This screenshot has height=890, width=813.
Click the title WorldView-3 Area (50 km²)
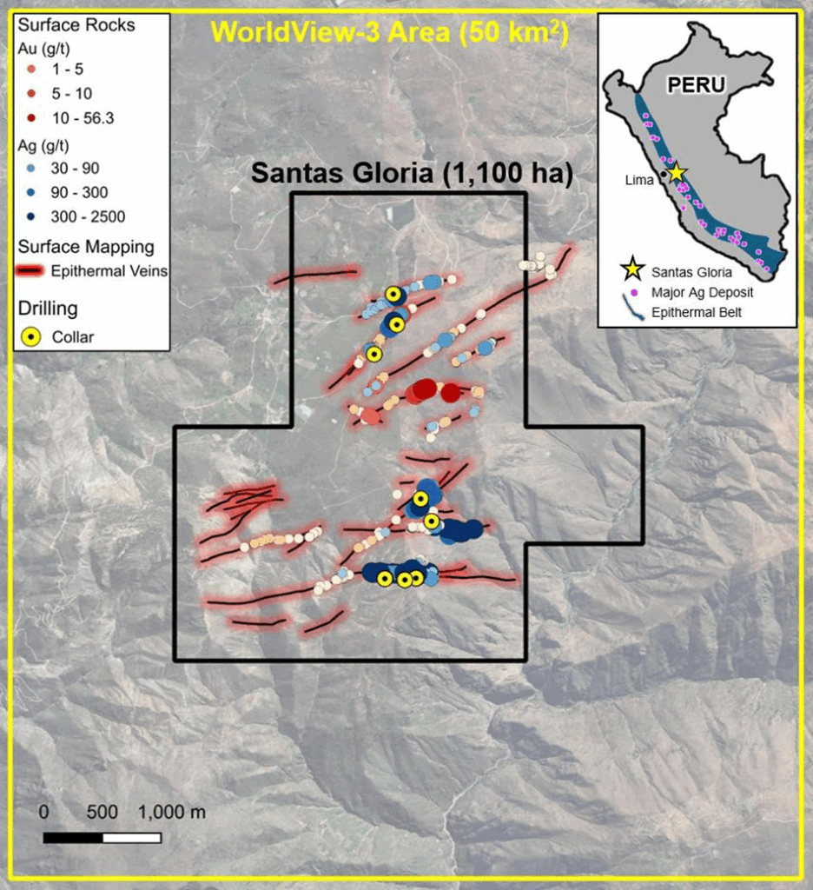point(389,32)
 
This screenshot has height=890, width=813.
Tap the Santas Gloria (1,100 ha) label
point(412,173)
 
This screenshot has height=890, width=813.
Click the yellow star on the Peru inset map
point(677,172)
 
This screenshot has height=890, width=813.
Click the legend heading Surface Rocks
point(76,25)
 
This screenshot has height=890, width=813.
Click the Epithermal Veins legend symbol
point(31,271)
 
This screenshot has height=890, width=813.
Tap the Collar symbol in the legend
point(32,336)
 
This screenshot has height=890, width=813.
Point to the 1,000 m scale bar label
point(172,813)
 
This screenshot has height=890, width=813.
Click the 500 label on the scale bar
point(102,813)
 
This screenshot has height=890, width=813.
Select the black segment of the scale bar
point(73,838)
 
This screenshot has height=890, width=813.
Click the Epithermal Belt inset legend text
point(700,313)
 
